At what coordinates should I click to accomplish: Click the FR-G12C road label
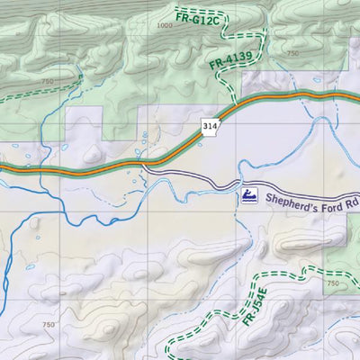click(x=196, y=15)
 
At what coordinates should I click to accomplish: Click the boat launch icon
click(x=249, y=195)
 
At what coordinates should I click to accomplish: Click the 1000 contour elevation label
click(x=163, y=26)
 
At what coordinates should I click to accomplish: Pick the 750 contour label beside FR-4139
click(x=292, y=54)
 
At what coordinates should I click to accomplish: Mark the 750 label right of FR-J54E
click(x=332, y=284)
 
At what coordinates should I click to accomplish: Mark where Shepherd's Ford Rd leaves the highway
click(x=144, y=166)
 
